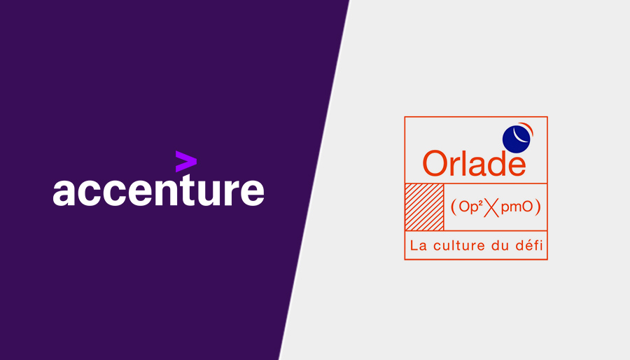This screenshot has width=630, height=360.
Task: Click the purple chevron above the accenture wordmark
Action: coord(185,161)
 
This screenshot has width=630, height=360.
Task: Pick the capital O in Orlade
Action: coord(435,163)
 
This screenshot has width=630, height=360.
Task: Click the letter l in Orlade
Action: coord(463,162)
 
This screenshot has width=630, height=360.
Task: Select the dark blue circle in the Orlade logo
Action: coord(517,138)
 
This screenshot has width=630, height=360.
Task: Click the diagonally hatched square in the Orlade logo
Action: coord(424,207)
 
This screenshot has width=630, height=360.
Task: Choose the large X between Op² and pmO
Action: coord(495,207)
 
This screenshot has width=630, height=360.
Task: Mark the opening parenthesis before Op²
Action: coord(454,207)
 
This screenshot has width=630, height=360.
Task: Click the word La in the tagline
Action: coord(418,246)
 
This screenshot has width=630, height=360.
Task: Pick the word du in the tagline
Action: coord(501,246)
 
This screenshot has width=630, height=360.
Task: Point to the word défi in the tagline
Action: coord(531,246)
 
